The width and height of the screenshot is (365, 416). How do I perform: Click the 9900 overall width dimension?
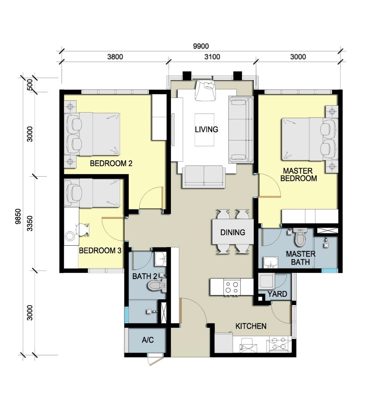201,46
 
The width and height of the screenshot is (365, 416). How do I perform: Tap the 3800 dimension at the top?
115,57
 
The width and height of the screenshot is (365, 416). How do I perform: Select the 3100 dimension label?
212,57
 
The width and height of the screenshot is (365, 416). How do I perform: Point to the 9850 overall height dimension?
18,216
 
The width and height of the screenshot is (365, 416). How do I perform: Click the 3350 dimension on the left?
30,223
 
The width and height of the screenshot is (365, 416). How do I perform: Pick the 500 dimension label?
30,85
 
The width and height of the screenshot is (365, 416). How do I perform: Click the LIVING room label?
207,130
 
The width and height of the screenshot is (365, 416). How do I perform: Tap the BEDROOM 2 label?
111,163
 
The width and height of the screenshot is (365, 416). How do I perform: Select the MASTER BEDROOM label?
299,175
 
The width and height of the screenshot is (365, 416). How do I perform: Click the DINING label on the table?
233,232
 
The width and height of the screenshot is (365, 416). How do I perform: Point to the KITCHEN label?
251,326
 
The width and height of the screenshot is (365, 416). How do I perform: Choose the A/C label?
148,340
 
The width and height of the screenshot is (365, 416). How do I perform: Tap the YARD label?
277,294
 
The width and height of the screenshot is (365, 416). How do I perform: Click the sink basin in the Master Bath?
271,262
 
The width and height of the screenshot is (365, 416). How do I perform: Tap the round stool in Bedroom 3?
70,236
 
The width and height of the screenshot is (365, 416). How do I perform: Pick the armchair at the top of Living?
205,91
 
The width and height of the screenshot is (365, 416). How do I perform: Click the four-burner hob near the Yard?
232,287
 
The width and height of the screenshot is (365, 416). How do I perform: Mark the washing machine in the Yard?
266,281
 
